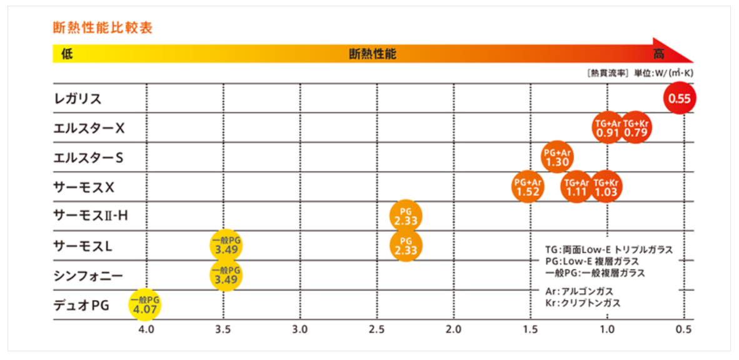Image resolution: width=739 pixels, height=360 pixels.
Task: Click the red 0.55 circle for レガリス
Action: click(x=680, y=99)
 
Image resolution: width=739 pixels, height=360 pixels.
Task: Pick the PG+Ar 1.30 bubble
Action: click(x=558, y=157)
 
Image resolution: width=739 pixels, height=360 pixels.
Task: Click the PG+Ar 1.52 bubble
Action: click(x=528, y=187)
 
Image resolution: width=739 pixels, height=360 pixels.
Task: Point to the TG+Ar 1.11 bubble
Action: click(x=576, y=187)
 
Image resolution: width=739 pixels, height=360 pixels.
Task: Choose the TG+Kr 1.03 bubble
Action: click(x=606, y=187)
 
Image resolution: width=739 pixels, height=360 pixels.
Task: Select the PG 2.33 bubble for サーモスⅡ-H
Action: click(x=406, y=216)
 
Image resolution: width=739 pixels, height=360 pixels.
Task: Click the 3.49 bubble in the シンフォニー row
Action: click(x=225, y=275)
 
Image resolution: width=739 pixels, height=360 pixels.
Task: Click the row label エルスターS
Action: click(x=88, y=158)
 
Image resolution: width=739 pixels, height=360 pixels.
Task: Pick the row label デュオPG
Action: click(x=81, y=305)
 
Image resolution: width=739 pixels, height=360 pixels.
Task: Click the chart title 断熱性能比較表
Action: click(x=103, y=28)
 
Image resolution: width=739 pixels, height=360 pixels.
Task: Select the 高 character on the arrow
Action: click(x=658, y=54)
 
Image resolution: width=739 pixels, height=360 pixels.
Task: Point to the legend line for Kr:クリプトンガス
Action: click(x=583, y=303)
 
